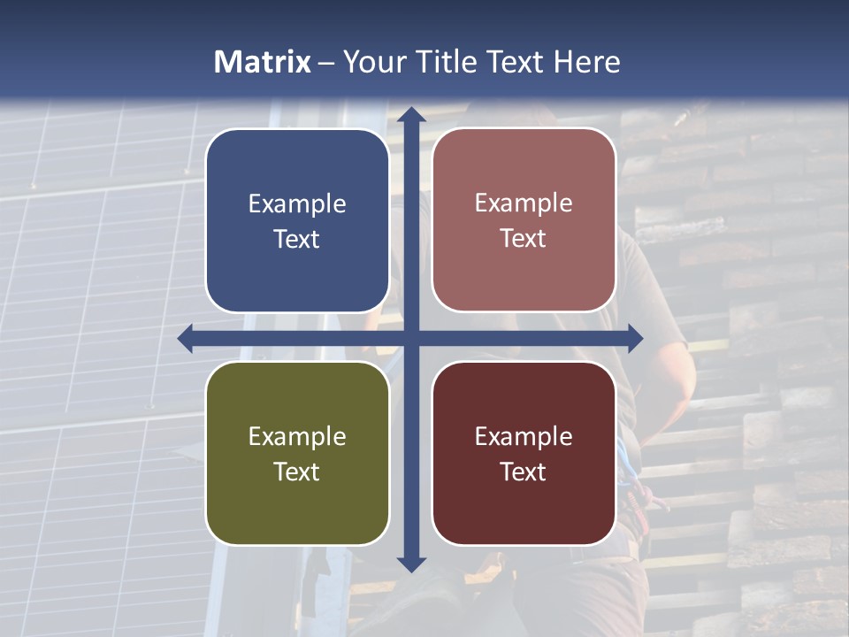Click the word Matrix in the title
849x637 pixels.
click(263, 62)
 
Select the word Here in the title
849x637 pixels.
click(586, 62)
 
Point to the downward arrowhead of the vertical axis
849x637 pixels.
click(410, 564)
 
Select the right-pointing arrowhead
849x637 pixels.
click(634, 338)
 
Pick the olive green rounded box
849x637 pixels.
click(297, 513)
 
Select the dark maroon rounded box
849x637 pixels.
click(524, 513)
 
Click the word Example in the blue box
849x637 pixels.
click(297, 204)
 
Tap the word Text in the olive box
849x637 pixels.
click(297, 472)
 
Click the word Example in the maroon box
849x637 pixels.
click(524, 436)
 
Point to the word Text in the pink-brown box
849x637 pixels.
click(524, 239)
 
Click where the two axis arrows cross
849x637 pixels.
click(410, 338)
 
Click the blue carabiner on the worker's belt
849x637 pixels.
click(626, 460)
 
